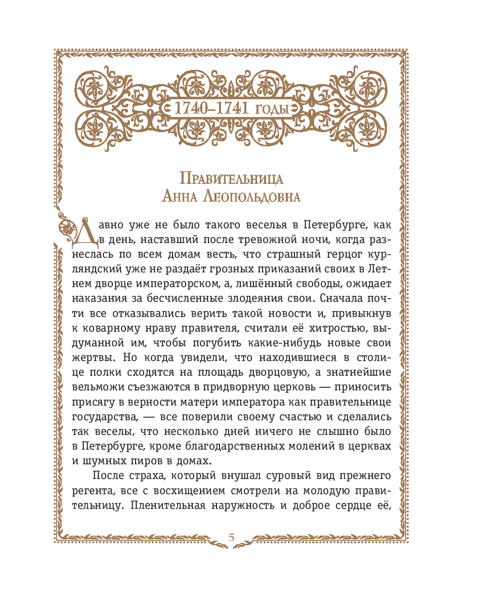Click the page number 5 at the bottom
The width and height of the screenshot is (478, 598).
pos(231,537)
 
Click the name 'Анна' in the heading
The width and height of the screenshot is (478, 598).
pos(179,197)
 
